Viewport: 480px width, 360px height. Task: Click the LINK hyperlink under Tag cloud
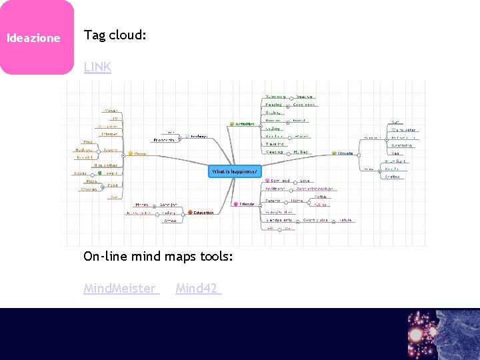point(97,67)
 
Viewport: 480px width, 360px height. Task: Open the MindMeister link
point(120,289)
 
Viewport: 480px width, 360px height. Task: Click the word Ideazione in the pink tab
point(33,38)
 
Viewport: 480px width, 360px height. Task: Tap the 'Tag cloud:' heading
point(115,35)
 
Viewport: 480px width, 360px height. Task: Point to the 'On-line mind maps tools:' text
point(158,256)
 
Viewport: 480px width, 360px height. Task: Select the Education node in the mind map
point(203,213)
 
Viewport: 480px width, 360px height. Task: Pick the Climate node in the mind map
point(345,153)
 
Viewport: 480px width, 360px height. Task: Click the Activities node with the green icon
point(244,124)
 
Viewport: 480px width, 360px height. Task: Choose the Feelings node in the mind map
point(199,136)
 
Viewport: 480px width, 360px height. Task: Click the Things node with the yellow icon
point(139,153)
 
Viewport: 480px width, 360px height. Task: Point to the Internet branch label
point(110,134)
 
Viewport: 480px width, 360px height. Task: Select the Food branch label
point(113,185)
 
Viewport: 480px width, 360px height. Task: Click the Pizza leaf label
point(91,181)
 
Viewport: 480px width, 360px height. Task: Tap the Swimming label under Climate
point(401,145)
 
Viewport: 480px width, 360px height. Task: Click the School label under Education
point(169,213)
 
